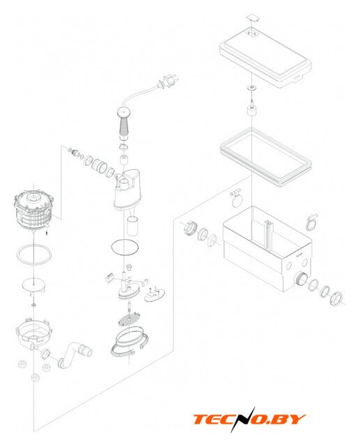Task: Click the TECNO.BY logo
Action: pyautogui.click(x=249, y=420)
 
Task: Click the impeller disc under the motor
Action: pyautogui.click(x=34, y=286)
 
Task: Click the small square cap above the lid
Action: pyautogui.click(x=253, y=17)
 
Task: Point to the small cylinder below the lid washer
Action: pyautogui.click(x=252, y=111)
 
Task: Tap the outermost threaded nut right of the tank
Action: pyautogui.click(x=337, y=299)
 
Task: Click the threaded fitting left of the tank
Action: pyautogui.click(x=190, y=228)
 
